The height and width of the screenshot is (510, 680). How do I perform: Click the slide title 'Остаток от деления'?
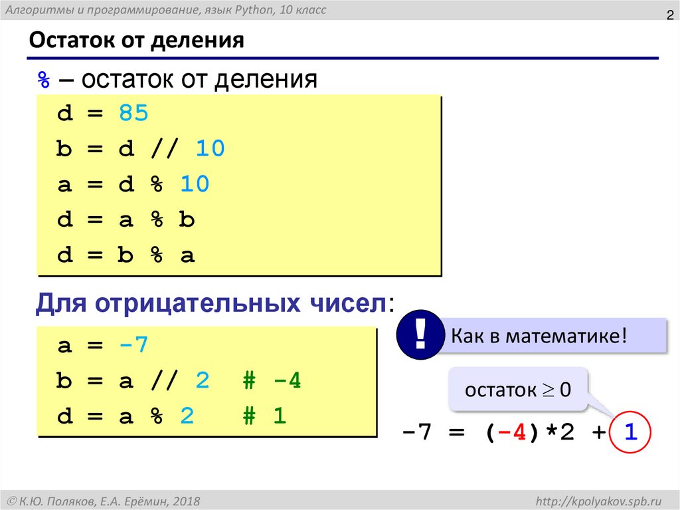point(137,41)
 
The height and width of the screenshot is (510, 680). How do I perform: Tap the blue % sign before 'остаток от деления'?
point(43,80)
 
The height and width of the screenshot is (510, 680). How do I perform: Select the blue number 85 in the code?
point(133,114)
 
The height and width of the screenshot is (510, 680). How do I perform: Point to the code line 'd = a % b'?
point(126,220)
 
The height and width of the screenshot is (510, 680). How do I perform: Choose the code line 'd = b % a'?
point(126,255)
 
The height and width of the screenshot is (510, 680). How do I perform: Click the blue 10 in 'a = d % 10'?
point(195,184)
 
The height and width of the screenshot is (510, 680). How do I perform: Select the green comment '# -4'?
point(270,382)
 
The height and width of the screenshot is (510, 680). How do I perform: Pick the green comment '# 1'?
point(263,417)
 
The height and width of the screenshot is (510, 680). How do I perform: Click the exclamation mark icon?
point(420,333)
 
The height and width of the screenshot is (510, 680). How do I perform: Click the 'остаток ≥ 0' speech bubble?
point(518,390)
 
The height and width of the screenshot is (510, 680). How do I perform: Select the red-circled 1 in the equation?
point(630,434)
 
